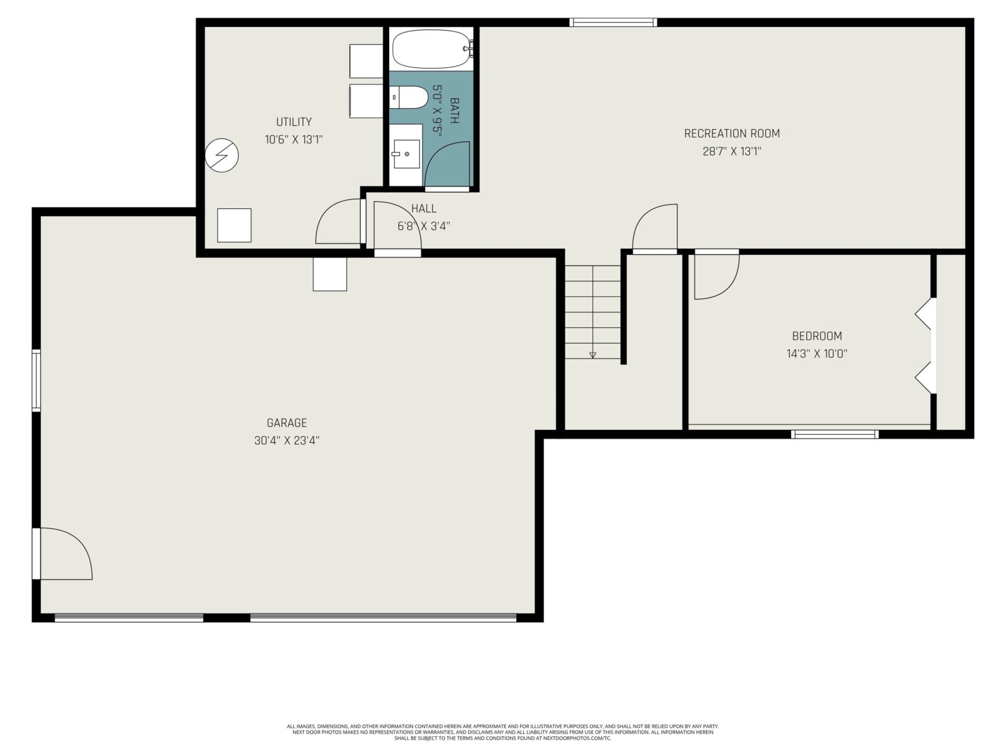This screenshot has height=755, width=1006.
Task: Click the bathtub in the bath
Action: coord(431,49)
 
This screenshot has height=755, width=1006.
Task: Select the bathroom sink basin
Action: coord(407,154)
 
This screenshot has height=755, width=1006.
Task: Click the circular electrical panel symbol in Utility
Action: coord(222,155)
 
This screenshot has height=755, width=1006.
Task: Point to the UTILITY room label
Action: coord(294,122)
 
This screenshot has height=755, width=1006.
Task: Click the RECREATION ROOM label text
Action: coord(732,134)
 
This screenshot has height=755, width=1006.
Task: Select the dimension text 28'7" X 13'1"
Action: coord(732,151)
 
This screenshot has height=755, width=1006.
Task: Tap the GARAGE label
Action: coord(287,423)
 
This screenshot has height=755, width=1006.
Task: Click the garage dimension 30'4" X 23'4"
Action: coord(287,440)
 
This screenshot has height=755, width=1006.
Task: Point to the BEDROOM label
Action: coord(817,336)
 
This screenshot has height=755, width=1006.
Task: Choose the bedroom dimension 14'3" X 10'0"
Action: coord(817,354)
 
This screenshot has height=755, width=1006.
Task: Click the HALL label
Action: coord(424,209)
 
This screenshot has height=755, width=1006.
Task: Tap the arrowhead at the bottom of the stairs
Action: coord(593,355)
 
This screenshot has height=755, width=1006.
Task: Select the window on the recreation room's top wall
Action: coord(613,22)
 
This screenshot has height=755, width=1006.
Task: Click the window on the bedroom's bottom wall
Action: coord(834,434)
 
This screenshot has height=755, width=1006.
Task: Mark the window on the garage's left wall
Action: coord(36,380)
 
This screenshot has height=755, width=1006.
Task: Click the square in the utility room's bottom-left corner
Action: coord(234,225)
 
